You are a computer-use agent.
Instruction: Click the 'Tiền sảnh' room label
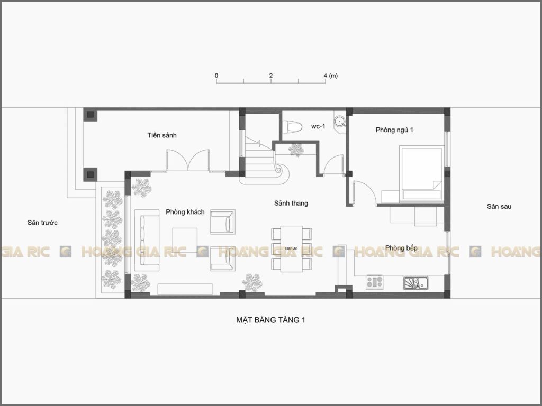(162, 135)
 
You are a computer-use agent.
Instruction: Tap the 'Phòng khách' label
(185, 212)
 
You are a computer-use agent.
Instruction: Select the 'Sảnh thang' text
(291, 204)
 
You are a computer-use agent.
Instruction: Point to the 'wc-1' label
(318, 126)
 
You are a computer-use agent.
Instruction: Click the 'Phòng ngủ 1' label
(394, 130)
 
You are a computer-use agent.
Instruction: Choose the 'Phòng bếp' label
(401, 248)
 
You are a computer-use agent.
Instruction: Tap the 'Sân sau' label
(499, 207)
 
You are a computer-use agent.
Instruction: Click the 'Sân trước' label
(42, 223)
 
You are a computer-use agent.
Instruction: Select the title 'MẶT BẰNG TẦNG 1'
(270, 320)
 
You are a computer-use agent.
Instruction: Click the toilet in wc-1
(292, 126)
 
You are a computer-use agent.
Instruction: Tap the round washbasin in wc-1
(339, 121)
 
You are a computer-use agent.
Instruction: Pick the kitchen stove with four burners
(375, 282)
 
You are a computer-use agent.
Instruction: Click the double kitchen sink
(416, 283)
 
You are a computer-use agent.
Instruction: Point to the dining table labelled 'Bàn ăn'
(292, 248)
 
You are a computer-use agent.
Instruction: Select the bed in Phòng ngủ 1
(421, 173)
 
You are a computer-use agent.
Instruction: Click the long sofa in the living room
(147, 241)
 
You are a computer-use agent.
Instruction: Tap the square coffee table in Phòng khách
(185, 240)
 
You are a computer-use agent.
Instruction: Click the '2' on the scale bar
(271, 76)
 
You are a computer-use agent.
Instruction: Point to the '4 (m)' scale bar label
(330, 76)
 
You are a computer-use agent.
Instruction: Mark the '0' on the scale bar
(216, 76)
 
